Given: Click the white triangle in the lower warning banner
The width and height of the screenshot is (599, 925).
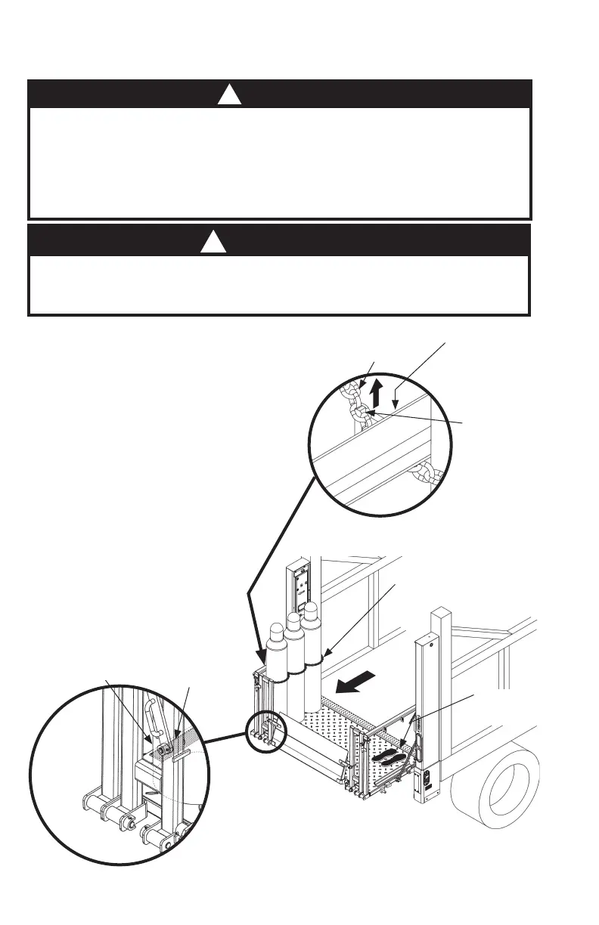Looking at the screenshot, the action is coord(213,243).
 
